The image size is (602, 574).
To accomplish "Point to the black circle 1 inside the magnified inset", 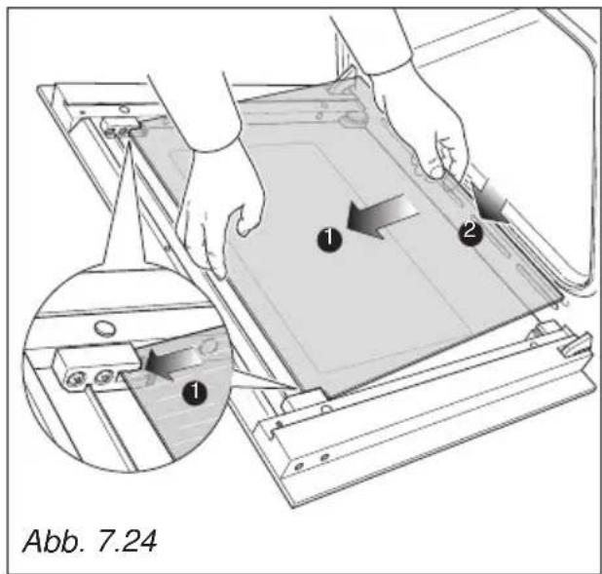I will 195,391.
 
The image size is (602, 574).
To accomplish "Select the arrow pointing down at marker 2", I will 489,204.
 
